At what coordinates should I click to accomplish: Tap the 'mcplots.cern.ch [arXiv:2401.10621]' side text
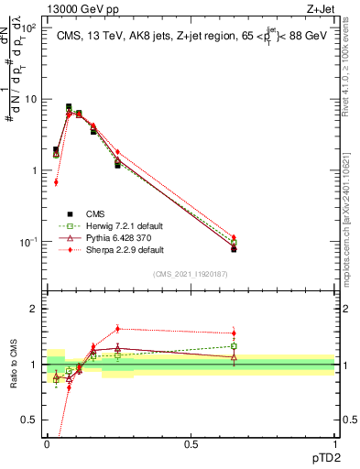(x=349, y=211)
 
